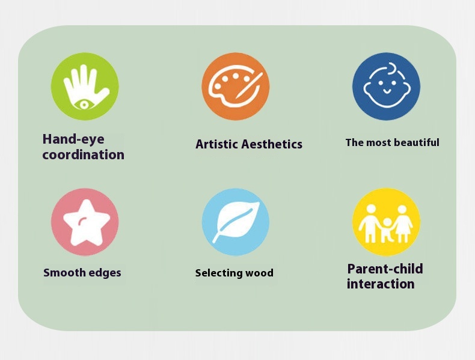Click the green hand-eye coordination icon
click(85, 87)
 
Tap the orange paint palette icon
click(236, 87)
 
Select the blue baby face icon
click(386, 87)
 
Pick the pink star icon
click(85, 222)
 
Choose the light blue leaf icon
click(236, 222)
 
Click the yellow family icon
click(386, 222)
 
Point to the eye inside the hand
click(84, 105)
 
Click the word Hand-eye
click(73, 139)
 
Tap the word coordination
click(84, 154)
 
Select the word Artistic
click(216, 144)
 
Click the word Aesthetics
click(272, 144)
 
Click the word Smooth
click(63, 272)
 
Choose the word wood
click(259, 273)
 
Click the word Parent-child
click(385, 269)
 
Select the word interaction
click(381, 284)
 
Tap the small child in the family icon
click(387, 230)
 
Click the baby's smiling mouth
click(387, 91)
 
